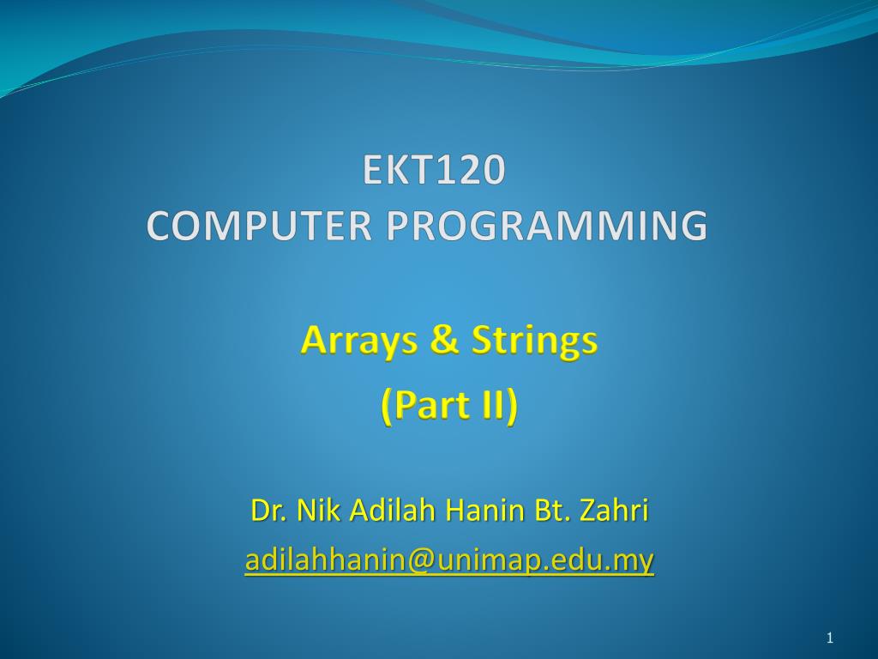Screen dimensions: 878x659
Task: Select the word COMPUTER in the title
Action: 259,226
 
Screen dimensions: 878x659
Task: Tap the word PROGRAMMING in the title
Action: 547,226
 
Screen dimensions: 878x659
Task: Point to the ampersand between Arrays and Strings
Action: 445,340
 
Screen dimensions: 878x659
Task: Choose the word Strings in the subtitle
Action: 535,341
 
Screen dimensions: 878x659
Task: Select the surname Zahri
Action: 614,510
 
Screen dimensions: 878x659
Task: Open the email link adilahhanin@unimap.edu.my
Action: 449,559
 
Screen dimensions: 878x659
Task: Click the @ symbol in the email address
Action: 420,560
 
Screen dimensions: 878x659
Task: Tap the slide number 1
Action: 830,638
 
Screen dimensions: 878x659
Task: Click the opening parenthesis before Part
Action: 388,406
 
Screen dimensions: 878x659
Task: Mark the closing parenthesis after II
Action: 511,406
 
